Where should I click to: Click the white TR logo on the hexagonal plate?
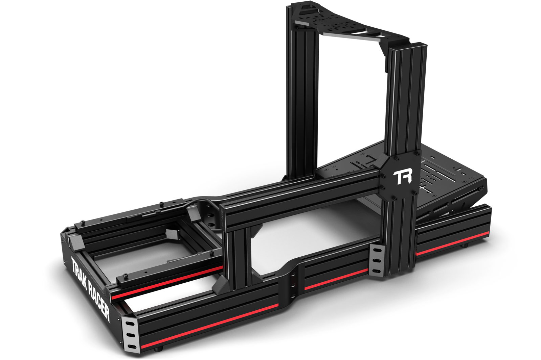[x=402, y=178]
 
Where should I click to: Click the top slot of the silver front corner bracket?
[x=130, y=323]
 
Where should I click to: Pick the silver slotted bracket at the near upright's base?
[x=377, y=261]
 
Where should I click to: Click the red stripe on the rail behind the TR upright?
[x=453, y=243]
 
